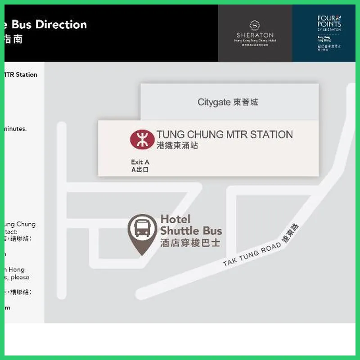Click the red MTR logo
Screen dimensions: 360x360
pyautogui.click(x=142, y=139)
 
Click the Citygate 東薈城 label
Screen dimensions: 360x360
pyautogui.click(x=228, y=102)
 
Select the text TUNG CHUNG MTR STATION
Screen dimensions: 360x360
pyautogui.click(x=225, y=134)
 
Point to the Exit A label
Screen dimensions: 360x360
pyautogui.click(x=140, y=162)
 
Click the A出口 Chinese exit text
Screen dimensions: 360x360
pyautogui.click(x=140, y=170)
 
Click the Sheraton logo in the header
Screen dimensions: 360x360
pyautogui.click(x=255, y=31)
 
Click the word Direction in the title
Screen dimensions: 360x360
pyautogui.click(x=61, y=24)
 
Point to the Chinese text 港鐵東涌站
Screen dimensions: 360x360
pyautogui.click(x=177, y=145)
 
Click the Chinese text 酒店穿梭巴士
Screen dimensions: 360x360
pyautogui.click(x=191, y=243)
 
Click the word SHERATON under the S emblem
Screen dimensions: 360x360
pyautogui.click(x=255, y=35)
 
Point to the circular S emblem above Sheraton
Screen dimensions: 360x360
pyautogui.click(x=255, y=24)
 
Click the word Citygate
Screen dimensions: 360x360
pyautogui.click(x=214, y=102)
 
